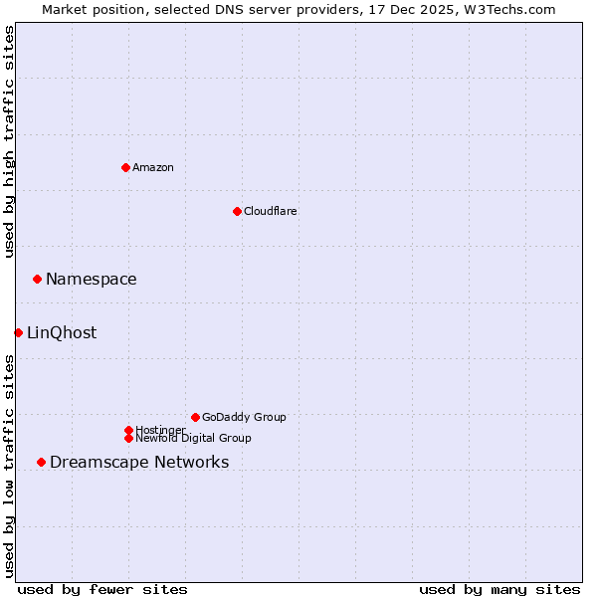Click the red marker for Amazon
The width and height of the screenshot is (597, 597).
(x=125, y=167)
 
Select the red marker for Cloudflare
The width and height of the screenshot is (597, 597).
(x=237, y=211)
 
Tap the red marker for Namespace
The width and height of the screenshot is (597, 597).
(x=37, y=279)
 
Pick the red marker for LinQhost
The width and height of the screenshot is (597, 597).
(x=18, y=332)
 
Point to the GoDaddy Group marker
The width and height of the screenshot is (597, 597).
(x=195, y=417)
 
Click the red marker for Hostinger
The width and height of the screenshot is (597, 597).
(x=128, y=430)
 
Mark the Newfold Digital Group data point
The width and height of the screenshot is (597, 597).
(x=128, y=438)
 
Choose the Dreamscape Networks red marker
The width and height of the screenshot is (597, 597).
(x=41, y=462)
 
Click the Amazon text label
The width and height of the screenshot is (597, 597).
(x=153, y=167)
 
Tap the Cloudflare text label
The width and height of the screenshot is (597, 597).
(x=271, y=211)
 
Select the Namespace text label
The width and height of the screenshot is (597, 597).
(x=92, y=279)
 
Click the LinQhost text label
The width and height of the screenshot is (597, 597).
(x=62, y=332)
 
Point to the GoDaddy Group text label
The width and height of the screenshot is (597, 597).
(x=244, y=417)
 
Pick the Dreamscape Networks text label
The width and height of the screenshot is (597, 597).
(x=139, y=462)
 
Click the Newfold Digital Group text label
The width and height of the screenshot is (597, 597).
(x=194, y=438)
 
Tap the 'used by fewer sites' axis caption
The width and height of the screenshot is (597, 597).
(x=102, y=589)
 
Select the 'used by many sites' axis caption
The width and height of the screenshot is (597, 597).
(x=499, y=589)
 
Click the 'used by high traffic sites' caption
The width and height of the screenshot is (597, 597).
(x=9, y=141)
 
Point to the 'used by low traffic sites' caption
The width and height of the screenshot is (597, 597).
(x=9, y=466)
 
